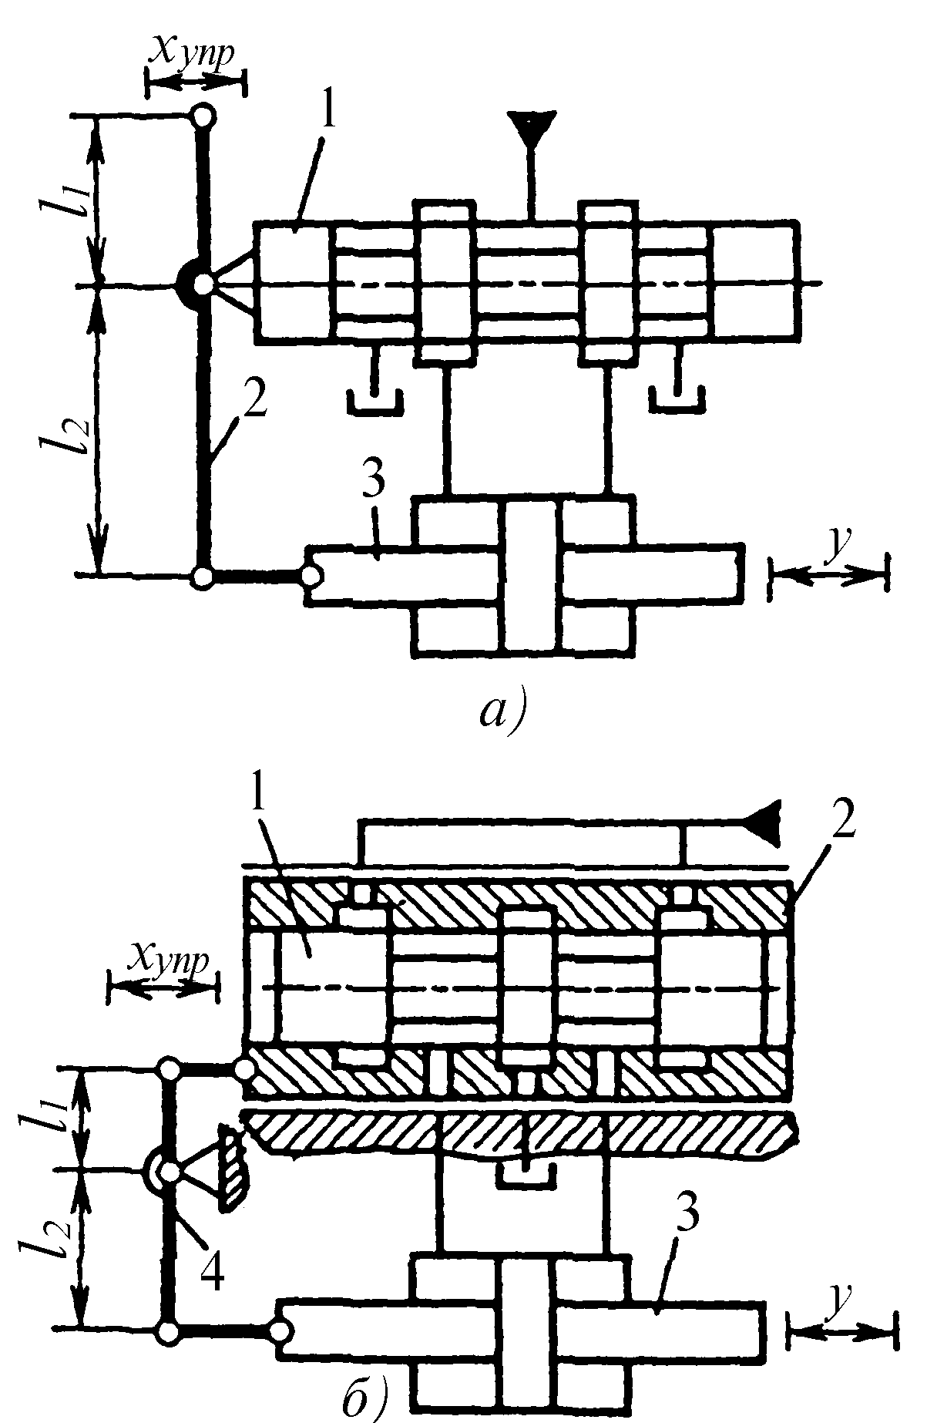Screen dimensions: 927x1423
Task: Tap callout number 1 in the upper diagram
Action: [328, 114]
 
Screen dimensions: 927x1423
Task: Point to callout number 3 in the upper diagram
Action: [373, 486]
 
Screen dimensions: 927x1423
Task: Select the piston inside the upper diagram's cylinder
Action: [531, 578]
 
